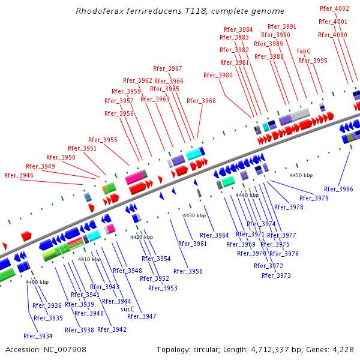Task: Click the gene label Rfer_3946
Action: point(19,175)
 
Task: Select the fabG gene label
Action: point(304,51)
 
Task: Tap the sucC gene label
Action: point(128,309)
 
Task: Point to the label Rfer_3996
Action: point(338,189)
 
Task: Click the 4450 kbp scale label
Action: point(301,175)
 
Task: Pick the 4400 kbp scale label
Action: point(37,282)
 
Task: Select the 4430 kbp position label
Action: point(194,215)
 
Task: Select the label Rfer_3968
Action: point(201,101)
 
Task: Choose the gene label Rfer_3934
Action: point(38,336)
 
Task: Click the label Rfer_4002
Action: point(334,8)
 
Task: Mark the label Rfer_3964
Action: point(214,235)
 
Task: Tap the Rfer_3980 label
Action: point(218,75)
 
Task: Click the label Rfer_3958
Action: point(188,271)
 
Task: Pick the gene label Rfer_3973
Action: point(276,275)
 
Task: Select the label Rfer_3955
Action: point(103,140)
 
